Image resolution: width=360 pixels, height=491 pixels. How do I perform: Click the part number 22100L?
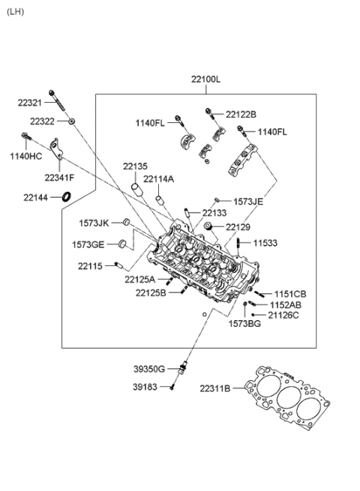click(x=205, y=79)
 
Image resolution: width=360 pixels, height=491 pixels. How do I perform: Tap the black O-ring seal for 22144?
click(x=67, y=197)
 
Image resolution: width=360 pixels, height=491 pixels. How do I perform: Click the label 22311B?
click(x=216, y=388)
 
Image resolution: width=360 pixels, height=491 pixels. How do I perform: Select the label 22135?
click(x=136, y=166)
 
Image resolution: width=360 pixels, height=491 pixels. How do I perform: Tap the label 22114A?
click(x=158, y=179)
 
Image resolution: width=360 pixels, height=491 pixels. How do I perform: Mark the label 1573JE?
click(x=248, y=202)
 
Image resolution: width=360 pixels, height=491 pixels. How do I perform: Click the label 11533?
click(x=264, y=243)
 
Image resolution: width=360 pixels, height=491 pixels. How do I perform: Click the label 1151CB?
click(x=289, y=294)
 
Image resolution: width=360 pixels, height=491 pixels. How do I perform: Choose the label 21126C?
click(x=283, y=315)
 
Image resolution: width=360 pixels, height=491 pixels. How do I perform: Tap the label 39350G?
click(x=150, y=369)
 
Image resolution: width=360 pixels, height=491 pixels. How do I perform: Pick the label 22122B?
click(x=241, y=115)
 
